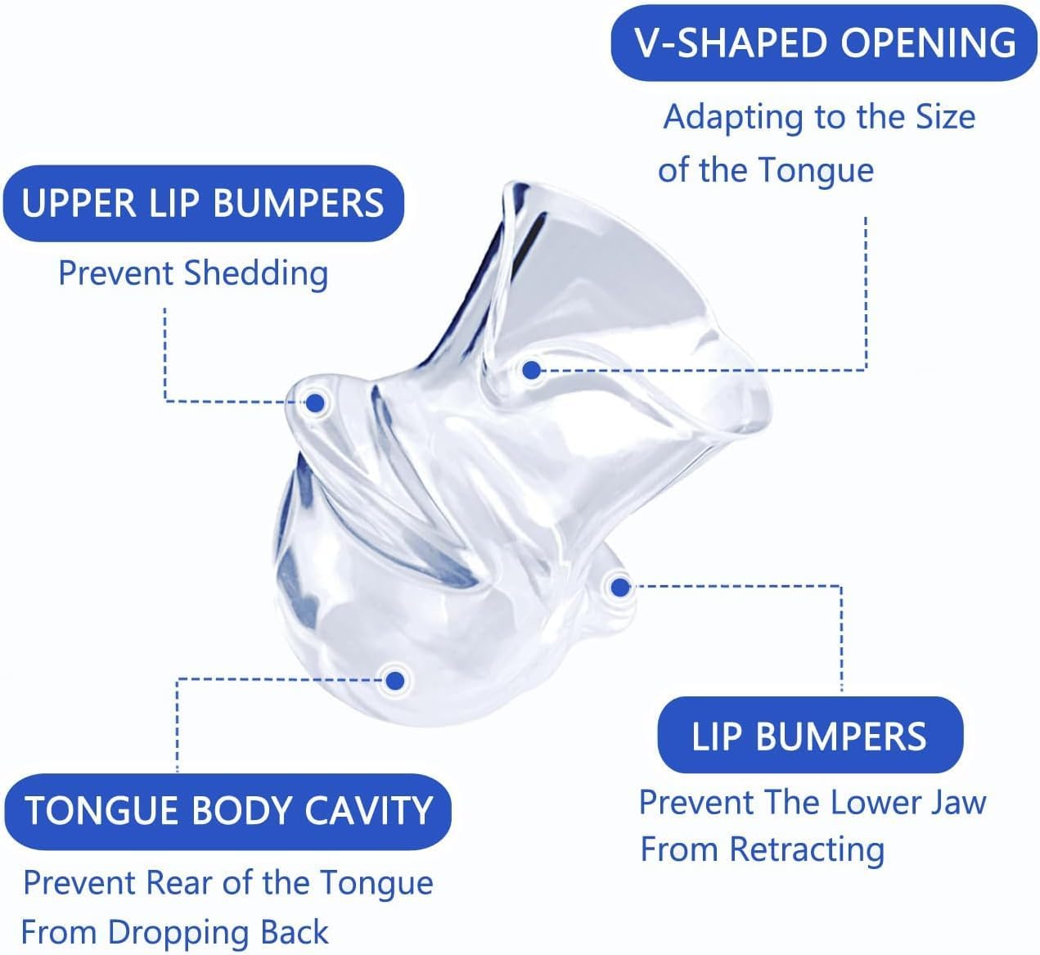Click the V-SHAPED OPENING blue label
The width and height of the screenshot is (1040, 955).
825,43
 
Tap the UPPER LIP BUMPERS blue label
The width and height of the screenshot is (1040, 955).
203,203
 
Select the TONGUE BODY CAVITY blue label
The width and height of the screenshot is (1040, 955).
228,811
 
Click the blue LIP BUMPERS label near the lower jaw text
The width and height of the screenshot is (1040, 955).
809,737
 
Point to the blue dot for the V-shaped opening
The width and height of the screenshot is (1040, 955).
531,371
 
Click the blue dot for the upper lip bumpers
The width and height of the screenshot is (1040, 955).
316,402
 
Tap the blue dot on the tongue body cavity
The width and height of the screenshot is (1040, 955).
395,679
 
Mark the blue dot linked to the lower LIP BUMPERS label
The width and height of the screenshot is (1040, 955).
619,587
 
